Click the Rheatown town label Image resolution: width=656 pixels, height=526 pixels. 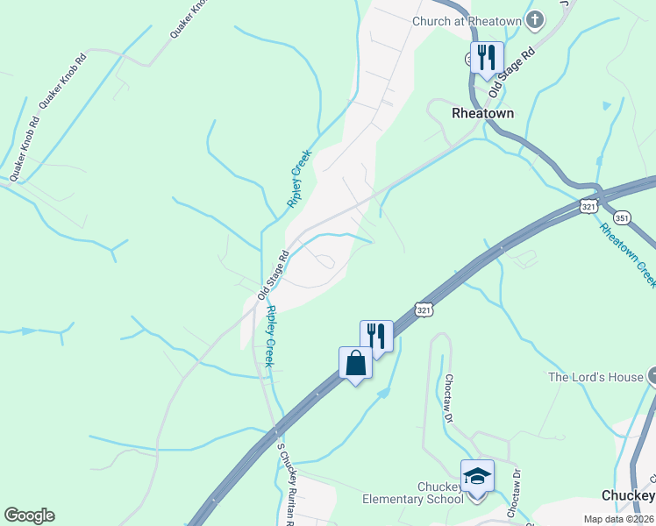tap(482, 113)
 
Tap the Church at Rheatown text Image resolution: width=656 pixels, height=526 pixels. tap(467, 21)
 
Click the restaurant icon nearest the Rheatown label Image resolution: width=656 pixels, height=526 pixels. tap(487, 58)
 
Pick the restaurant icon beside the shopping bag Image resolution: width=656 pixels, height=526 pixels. tap(376, 336)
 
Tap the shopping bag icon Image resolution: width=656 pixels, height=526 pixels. tap(355, 362)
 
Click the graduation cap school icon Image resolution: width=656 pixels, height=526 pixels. tap(477, 476)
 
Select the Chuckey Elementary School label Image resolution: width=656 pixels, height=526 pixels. tap(413, 493)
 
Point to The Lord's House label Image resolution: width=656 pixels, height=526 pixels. tap(595, 377)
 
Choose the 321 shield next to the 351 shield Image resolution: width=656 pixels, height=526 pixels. tap(588, 205)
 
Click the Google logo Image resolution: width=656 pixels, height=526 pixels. tap(29, 515)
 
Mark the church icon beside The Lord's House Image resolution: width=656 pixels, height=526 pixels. tap(652, 377)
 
